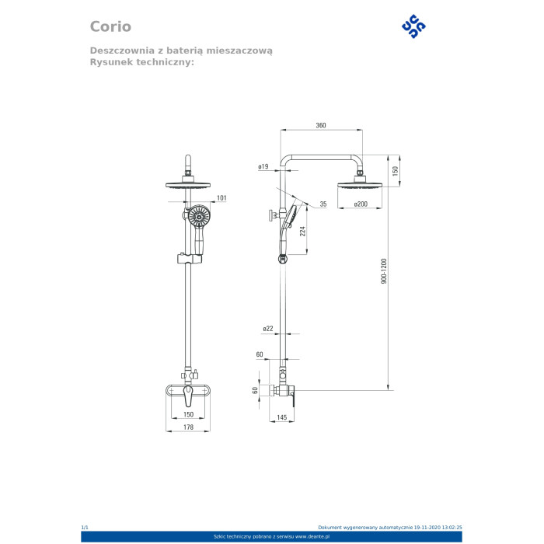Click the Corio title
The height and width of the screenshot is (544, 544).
point(110,26)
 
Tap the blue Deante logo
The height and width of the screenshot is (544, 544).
point(413,26)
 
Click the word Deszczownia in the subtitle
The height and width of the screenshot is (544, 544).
point(122,51)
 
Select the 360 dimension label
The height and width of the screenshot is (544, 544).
point(321,125)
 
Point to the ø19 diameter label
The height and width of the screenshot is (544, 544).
point(263,166)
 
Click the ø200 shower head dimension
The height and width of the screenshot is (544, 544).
point(361,204)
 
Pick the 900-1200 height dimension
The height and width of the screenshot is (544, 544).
point(384,271)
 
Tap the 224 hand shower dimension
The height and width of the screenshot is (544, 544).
point(303,232)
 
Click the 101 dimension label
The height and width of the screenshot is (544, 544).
point(221,198)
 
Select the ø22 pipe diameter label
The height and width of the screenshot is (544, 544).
point(268,328)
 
